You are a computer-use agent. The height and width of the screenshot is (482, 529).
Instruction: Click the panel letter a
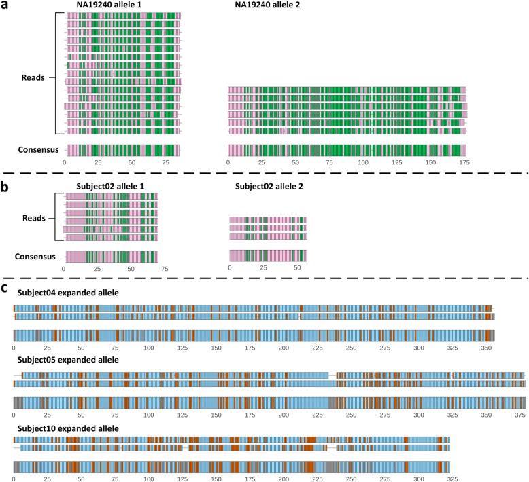pyautogui.click(x=6, y=7)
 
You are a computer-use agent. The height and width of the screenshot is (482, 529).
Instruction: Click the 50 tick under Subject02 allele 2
pyautogui.click(x=296, y=269)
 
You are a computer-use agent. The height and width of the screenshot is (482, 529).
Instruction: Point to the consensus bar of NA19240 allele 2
pyautogui.click(x=347, y=150)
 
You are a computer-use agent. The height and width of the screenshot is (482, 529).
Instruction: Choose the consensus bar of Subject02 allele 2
pyautogui.click(x=268, y=256)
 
